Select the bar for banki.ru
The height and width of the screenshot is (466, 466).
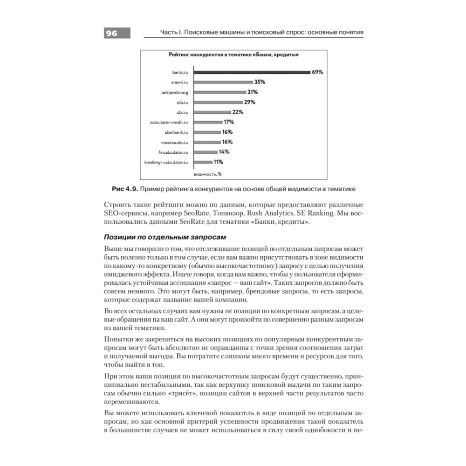click(252, 72)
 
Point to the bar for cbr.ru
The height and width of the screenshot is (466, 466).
click(212, 112)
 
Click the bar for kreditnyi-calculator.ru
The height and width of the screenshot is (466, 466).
click(203, 162)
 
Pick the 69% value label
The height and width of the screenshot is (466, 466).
click(317, 72)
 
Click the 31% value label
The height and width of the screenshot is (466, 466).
click(253, 92)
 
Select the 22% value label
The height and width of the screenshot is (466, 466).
click(238, 112)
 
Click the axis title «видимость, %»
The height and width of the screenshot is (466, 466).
click(208, 174)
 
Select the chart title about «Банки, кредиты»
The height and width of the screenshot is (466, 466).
click(233, 55)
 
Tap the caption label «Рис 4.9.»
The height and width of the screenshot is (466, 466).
click(125, 189)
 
